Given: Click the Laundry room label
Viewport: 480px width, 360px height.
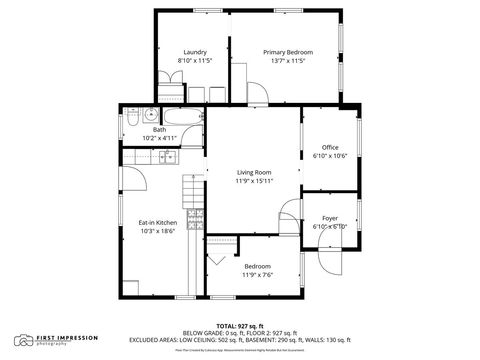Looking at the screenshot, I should tap(194, 52).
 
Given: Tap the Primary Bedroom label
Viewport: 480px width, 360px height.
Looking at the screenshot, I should tap(288, 52).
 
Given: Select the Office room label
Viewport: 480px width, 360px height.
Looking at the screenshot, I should tap(330, 147).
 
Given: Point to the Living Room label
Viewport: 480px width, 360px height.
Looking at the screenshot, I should tap(254, 172).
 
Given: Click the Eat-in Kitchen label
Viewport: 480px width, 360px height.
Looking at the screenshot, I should tap(157, 222).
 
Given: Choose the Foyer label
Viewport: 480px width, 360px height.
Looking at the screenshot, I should tap(330, 218).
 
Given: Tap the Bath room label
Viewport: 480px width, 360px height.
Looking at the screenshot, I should tap(160, 129).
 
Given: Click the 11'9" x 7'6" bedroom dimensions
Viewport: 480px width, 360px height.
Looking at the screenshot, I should tap(258, 275).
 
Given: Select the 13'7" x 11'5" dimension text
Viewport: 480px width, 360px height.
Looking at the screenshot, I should tap(288, 61).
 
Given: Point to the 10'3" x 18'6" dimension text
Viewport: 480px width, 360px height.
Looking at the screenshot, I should tap(157, 231).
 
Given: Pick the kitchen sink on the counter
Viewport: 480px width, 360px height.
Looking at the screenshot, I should tap(164, 156).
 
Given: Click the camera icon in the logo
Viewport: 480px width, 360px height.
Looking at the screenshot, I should tap(23, 340).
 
